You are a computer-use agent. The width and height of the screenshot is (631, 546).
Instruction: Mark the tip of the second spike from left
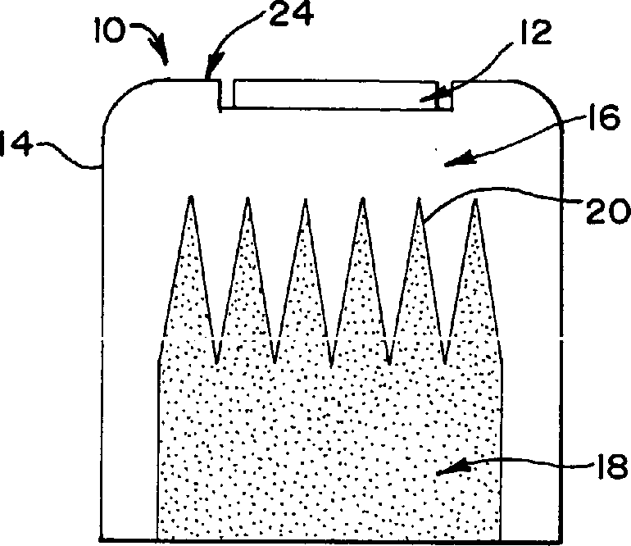click(x=247, y=198)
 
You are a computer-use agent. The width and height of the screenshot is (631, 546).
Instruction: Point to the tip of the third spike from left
click(x=304, y=198)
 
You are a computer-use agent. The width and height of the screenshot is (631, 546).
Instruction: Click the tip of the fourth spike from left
click(x=361, y=198)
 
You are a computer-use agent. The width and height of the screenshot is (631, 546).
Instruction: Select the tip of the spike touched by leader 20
click(x=418, y=198)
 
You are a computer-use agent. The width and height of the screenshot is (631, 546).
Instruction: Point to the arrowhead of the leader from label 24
click(x=208, y=75)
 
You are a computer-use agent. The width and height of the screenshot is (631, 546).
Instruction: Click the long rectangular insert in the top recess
click(x=336, y=93)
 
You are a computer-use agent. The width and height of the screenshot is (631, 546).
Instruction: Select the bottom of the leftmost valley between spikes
click(x=216, y=362)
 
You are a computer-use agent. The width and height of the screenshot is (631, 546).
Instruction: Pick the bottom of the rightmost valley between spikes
click(x=445, y=362)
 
